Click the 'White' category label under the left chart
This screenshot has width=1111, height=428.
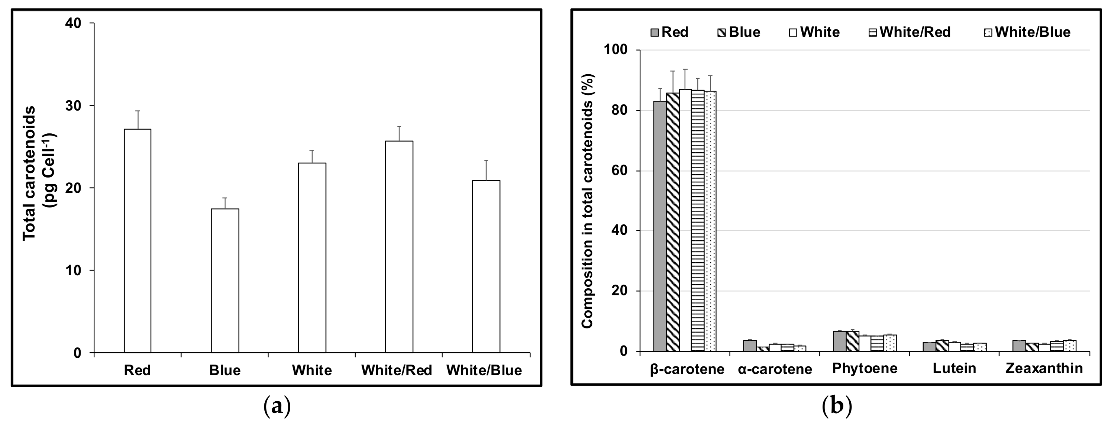pos(312,370)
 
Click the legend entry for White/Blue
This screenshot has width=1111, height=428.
pos(1027,32)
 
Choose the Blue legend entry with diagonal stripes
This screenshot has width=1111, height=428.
pos(739,32)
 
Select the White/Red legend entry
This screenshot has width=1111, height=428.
pos(910,32)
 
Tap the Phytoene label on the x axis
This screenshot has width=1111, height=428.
pos(864,369)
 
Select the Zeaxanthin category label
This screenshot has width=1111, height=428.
pos(1044,369)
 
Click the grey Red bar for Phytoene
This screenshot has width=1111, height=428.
pos(839,341)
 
